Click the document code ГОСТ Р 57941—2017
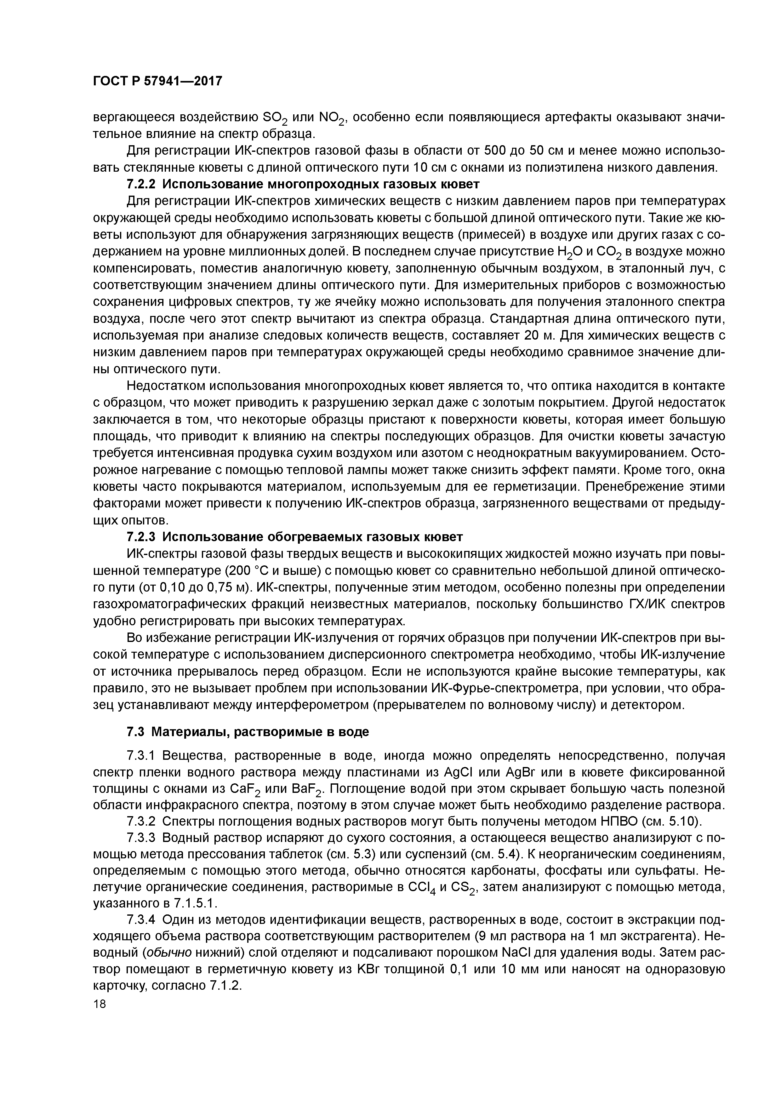(157, 81)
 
